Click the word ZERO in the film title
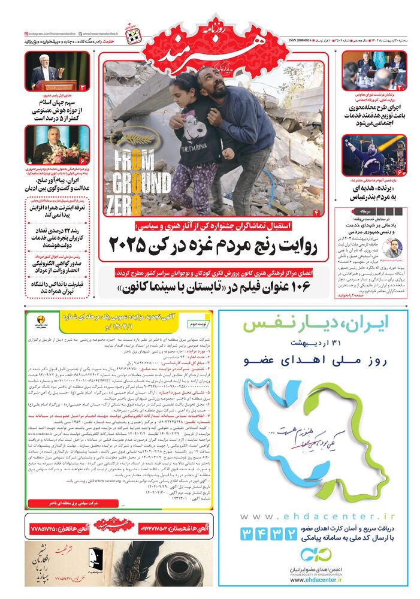coord(123,198)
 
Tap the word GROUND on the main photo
coord(129,179)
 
